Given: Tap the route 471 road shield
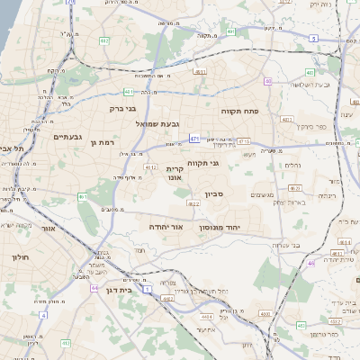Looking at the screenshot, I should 194,138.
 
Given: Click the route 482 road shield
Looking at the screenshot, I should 104,40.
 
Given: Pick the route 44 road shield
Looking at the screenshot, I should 94,289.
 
